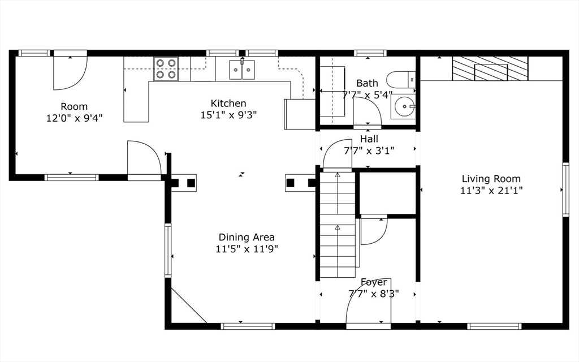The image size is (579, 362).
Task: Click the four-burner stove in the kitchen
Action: [166, 68]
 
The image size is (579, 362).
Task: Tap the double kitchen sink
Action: [242, 70]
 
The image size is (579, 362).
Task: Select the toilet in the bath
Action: [401, 79]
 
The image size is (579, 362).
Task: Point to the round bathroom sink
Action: [403, 106]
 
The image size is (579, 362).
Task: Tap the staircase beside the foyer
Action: [338, 225]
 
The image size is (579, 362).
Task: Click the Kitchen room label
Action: [228, 103]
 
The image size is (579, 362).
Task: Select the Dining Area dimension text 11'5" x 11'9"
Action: [247, 249]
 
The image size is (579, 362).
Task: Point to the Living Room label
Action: [491, 179]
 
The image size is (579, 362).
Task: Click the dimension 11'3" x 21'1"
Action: [491, 191]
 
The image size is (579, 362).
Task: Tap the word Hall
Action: [369, 139]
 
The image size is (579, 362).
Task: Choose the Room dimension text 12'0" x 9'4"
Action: [74, 118]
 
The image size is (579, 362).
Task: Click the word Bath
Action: [367, 83]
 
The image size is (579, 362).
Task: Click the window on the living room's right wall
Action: [565, 189]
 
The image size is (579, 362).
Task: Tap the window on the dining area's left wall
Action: [168, 250]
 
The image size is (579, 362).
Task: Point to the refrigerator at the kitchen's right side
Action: [300, 114]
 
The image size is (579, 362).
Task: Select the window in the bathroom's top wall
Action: [370, 53]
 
